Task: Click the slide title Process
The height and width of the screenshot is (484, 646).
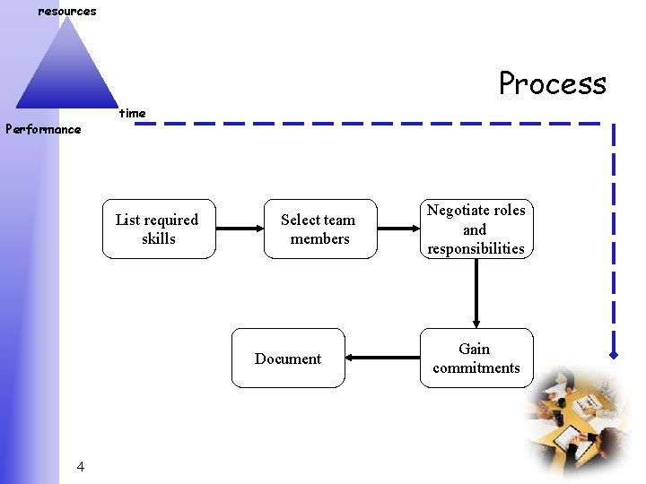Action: pyautogui.click(x=553, y=83)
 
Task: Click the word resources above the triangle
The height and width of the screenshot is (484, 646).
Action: pyautogui.click(x=66, y=12)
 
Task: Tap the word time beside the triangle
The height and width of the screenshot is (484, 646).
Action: pyautogui.click(x=133, y=113)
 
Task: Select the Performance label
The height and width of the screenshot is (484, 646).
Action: pyautogui.click(x=43, y=129)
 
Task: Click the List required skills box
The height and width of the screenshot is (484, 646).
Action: pyautogui.click(x=159, y=229)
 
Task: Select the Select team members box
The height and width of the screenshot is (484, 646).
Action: pyautogui.click(x=319, y=229)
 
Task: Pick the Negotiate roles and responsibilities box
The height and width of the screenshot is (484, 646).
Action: pyautogui.click(x=476, y=229)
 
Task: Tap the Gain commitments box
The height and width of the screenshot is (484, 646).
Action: pyautogui.click(x=476, y=358)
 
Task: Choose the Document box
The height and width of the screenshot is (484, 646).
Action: pyautogui.click(x=288, y=358)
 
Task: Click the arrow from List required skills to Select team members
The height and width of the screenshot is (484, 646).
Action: pyautogui.click(x=240, y=229)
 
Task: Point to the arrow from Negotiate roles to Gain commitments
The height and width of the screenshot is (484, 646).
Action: pyautogui.click(x=476, y=293)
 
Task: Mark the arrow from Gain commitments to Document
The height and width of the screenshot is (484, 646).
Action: pyautogui.click(x=382, y=358)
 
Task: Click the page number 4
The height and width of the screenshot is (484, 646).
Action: pyautogui.click(x=81, y=466)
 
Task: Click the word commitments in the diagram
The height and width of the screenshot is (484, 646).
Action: pyautogui.click(x=476, y=367)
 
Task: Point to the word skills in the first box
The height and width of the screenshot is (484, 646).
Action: pyautogui.click(x=159, y=238)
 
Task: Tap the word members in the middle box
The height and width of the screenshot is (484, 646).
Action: pyautogui.click(x=319, y=238)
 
